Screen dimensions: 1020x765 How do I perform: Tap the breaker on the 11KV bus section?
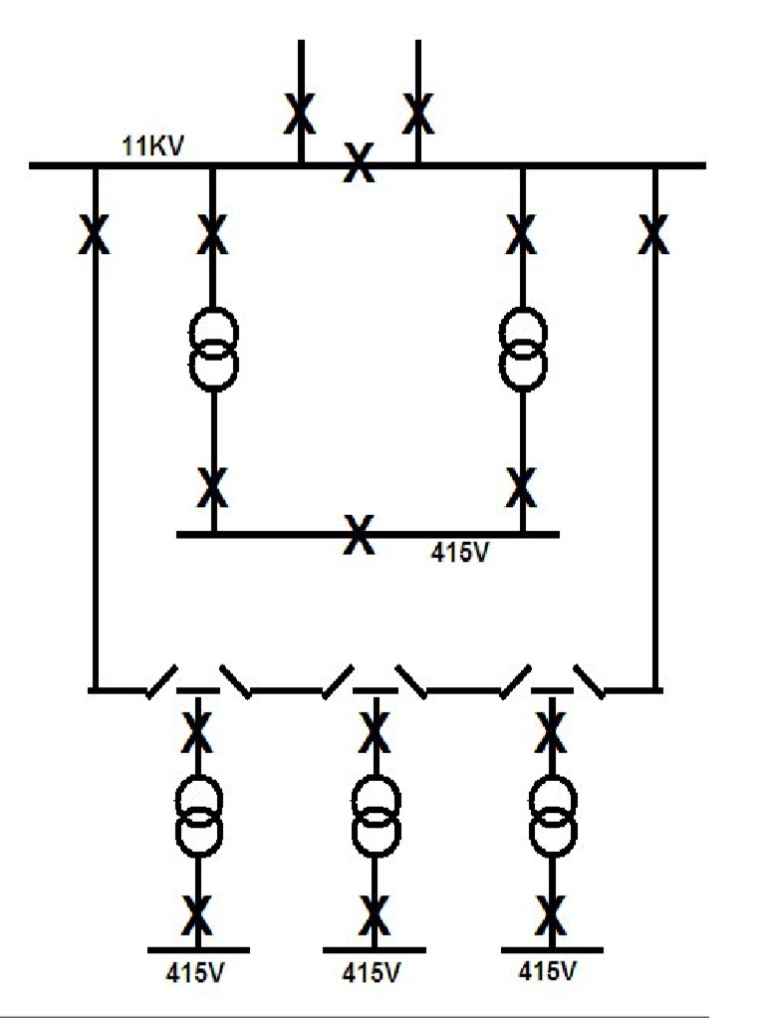[x=359, y=163]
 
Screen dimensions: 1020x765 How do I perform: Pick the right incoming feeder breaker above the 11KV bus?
[x=418, y=113]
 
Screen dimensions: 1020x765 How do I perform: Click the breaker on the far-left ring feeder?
[x=95, y=235]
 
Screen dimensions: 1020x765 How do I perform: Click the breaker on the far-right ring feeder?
[x=654, y=235]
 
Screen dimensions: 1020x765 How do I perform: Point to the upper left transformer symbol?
[x=213, y=349]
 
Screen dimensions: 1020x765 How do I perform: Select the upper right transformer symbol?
[x=523, y=349]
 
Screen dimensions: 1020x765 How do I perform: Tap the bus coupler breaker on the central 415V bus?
[x=358, y=534]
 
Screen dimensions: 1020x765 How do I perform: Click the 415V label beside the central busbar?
[x=460, y=551]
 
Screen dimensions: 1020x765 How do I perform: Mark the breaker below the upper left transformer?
[x=212, y=487]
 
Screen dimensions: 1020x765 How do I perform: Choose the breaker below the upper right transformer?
[x=521, y=487]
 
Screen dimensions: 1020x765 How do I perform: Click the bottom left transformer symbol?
[x=198, y=814]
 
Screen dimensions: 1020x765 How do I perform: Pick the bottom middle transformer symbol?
[x=376, y=814]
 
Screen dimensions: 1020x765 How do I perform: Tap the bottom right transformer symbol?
[x=552, y=814]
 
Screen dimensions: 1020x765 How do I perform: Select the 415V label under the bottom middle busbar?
[x=373, y=972]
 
